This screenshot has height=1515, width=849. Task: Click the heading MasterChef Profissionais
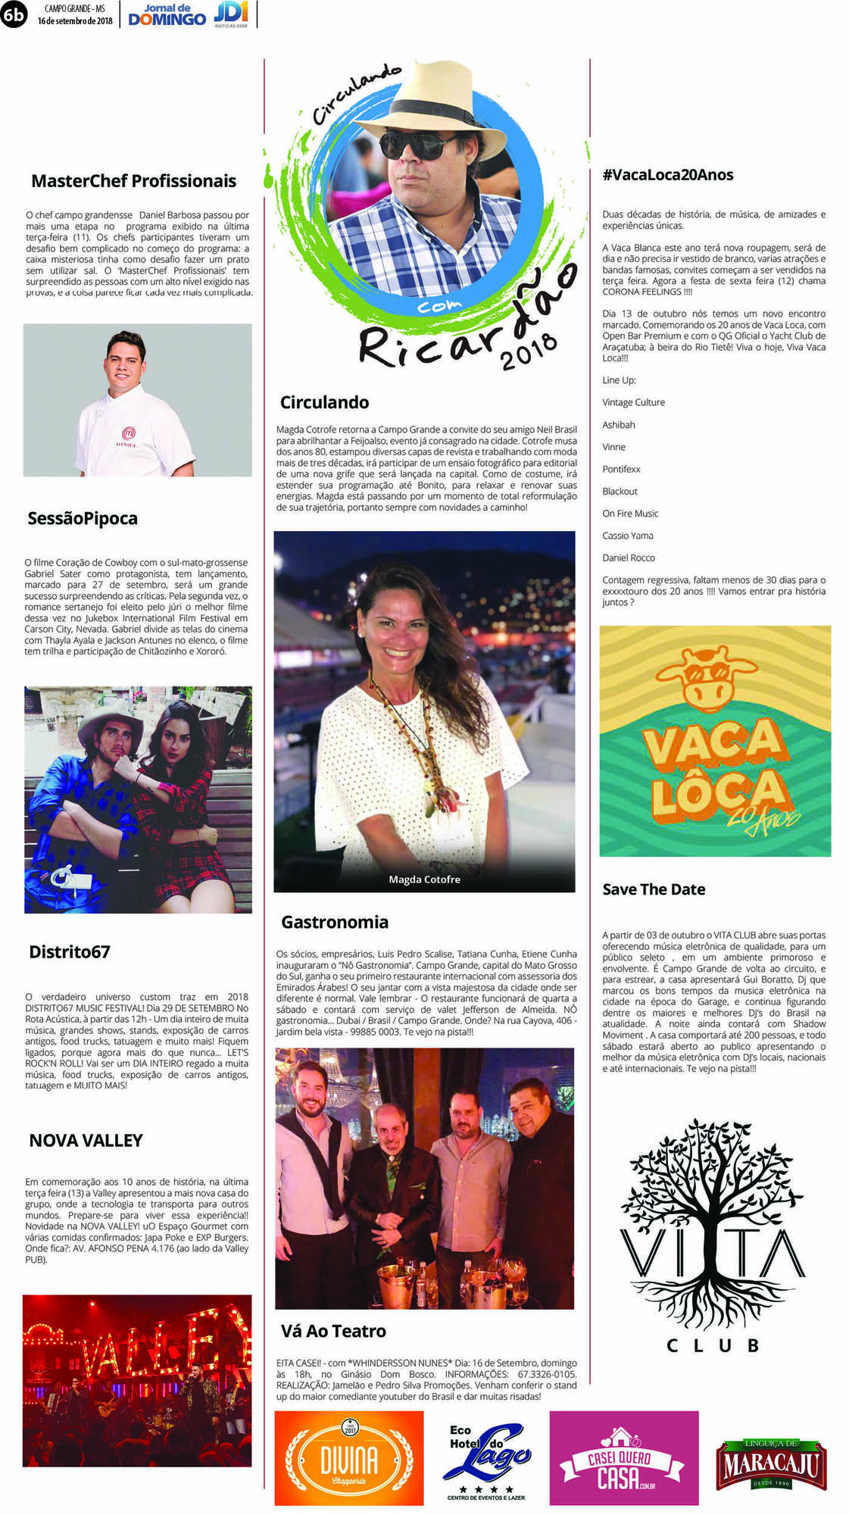[x=133, y=181]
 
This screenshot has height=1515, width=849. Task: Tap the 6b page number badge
[x=13, y=14]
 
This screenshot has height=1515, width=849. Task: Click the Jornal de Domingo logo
[x=167, y=15]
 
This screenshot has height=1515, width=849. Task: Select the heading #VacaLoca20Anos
[x=667, y=175]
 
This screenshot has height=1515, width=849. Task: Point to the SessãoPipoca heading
[x=83, y=519]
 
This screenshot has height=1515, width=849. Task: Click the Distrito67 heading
[x=69, y=952]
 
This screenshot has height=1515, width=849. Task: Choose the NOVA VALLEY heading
[x=86, y=1141]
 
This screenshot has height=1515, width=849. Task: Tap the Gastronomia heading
[x=334, y=923]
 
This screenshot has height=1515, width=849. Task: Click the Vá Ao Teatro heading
[x=333, y=1332]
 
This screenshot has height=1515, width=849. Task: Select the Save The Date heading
[x=654, y=890]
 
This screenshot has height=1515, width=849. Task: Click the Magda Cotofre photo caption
[x=424, y=879]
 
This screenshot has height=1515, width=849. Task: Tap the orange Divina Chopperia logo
[x=348, y=1458]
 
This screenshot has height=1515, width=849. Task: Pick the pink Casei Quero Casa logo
[x=623, y=1458]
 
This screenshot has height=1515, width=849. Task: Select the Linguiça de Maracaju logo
[x=770, y=1464]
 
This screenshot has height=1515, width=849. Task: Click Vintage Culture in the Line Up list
[x=633, y=403]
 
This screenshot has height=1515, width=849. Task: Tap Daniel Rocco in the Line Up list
[x=629, y=558]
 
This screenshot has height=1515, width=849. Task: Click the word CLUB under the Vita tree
[x=712, y=1346]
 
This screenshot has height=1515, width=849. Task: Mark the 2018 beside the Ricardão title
[x=529, y=351]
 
